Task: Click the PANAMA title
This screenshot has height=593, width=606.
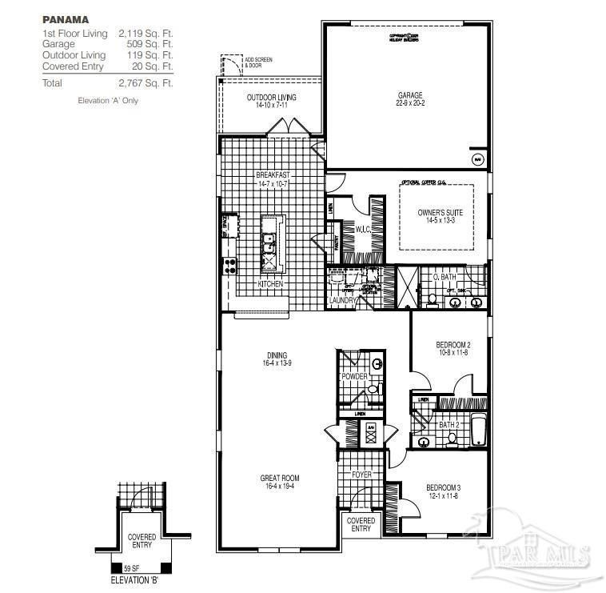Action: [66, 18]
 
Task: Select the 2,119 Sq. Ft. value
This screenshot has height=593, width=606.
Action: [146, 34]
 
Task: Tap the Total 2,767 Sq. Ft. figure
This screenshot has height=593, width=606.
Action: [146, 82]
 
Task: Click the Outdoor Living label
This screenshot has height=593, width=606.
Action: [271, 97]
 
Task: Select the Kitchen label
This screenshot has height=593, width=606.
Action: [270, 284]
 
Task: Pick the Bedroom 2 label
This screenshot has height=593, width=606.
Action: [453, 345]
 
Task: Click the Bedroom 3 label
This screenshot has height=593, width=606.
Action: [441, 487]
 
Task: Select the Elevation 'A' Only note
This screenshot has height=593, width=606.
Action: [108, 101]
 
